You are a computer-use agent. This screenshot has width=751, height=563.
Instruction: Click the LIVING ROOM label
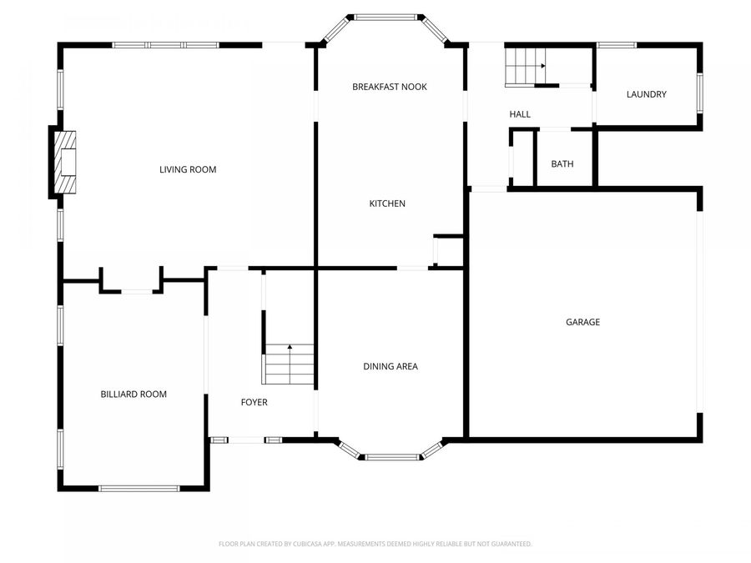click(188, 170)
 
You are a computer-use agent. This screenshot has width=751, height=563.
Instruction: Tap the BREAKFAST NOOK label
click(390, 87)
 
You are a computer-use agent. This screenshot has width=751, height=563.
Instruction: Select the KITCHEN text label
click(388, 204)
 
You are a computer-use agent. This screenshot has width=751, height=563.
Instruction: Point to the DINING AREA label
click(391, 366)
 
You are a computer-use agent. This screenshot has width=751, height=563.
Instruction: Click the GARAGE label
click(582, 322)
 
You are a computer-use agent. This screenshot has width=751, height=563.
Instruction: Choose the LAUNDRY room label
click(647, 94)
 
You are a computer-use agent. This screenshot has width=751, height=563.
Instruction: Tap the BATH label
click(562, 163)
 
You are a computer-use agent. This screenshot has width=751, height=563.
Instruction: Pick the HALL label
click(520, 114)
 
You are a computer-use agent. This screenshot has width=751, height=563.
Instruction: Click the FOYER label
click(255, 402)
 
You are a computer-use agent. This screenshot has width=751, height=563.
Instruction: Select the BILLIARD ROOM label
click(134, 395)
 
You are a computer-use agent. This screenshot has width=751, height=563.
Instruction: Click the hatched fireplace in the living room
click(65, 162)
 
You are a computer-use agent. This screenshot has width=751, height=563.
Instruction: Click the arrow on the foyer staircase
click(290, 349)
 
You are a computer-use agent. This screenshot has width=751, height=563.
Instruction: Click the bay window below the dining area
click(391, 456)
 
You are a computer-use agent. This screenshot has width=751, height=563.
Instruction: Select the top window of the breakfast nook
click(386, 16)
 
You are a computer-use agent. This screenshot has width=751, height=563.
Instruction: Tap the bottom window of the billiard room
click(139, 488)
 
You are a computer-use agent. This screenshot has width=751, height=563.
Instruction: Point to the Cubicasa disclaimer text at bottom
click(375, 544)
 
